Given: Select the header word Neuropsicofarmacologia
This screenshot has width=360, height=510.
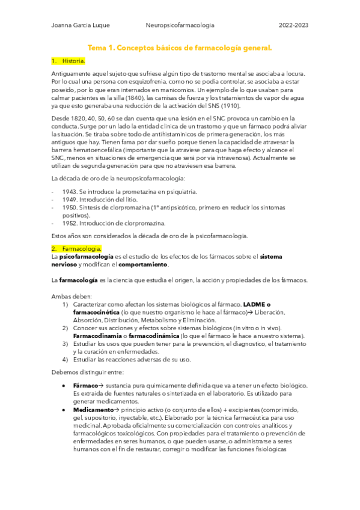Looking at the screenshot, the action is point(180,25).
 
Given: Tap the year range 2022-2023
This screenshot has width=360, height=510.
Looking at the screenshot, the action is point(294,25).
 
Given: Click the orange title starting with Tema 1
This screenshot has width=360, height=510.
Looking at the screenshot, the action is point(180,47).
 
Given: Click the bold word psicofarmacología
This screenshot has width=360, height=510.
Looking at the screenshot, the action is point(83,256).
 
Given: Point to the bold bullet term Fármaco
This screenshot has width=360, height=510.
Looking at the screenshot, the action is point(85,385).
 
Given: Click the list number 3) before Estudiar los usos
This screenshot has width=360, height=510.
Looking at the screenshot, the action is point(65,343).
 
